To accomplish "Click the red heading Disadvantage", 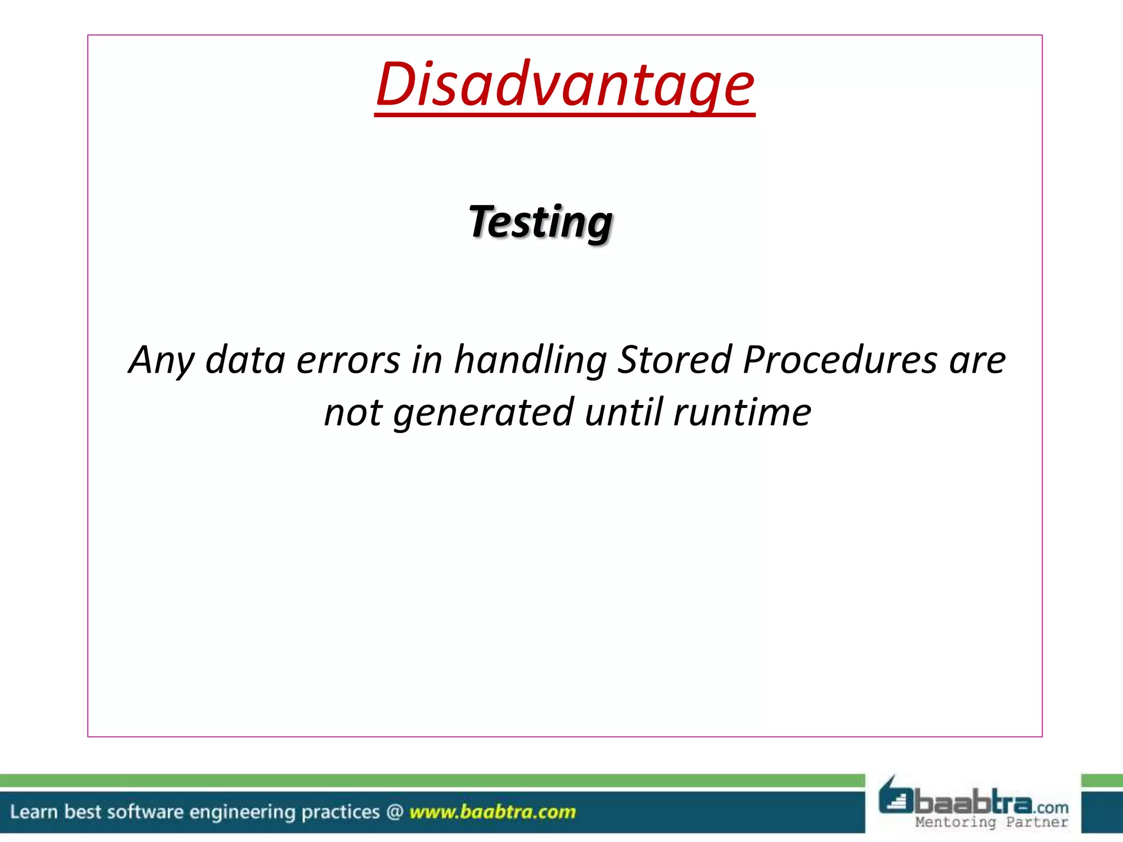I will point(565,85).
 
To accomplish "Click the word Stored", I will point(675,360).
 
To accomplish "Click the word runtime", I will point(742,412).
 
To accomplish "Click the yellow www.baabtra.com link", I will point(492,812).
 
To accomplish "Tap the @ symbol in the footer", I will point(395,812).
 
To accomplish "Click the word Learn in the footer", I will point(33,812).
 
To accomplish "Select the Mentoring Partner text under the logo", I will point(991,822).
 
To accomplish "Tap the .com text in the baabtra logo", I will point(1052,808).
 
